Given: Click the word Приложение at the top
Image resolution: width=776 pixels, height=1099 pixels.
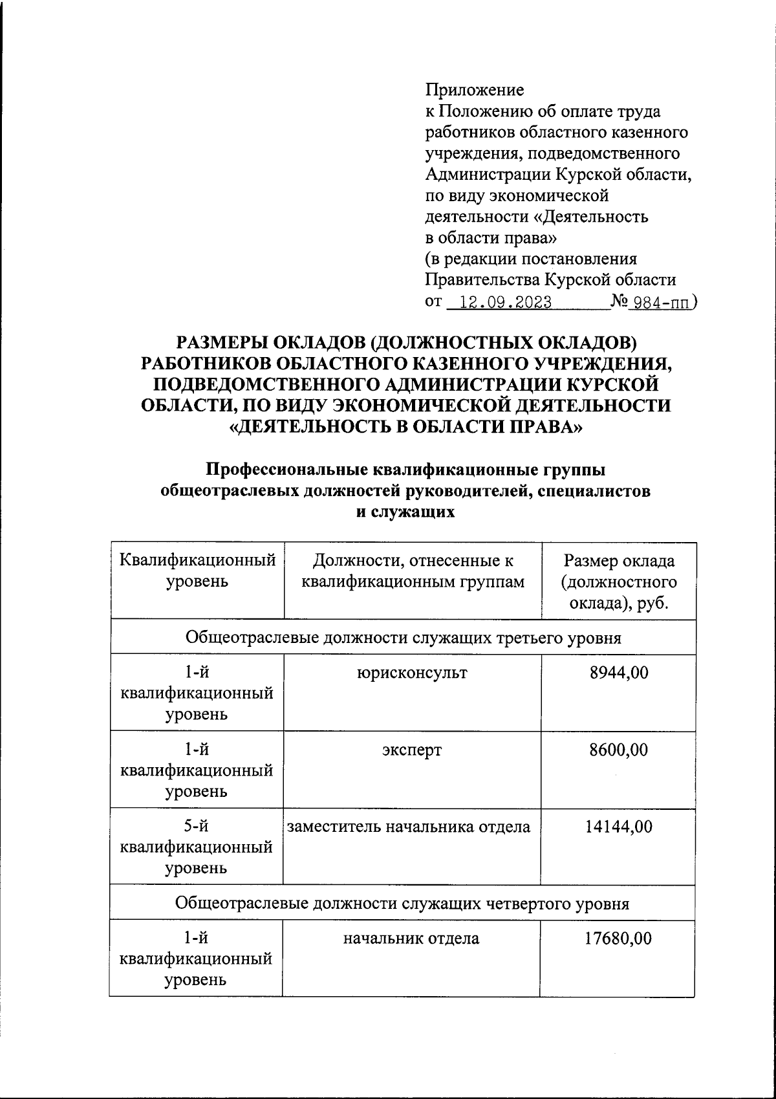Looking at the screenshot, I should (474, 90).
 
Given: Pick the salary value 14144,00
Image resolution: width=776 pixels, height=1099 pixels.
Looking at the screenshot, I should (618, 826).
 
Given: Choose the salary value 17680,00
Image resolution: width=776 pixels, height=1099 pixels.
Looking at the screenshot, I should (618, 939).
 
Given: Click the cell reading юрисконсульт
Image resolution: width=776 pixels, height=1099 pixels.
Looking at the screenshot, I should (412, 673).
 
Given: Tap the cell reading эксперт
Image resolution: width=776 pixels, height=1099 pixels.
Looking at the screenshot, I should (412, 750).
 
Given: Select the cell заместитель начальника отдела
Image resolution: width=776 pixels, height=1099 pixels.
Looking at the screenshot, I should (409, 826).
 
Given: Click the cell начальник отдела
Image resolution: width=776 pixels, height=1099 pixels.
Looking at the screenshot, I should (411, 939).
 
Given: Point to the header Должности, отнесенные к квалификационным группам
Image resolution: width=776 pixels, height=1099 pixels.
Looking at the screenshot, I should (413, 571).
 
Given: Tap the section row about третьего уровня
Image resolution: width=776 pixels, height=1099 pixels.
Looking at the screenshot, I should (403, 638).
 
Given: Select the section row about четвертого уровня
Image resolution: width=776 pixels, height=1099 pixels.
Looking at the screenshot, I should (402, 902).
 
